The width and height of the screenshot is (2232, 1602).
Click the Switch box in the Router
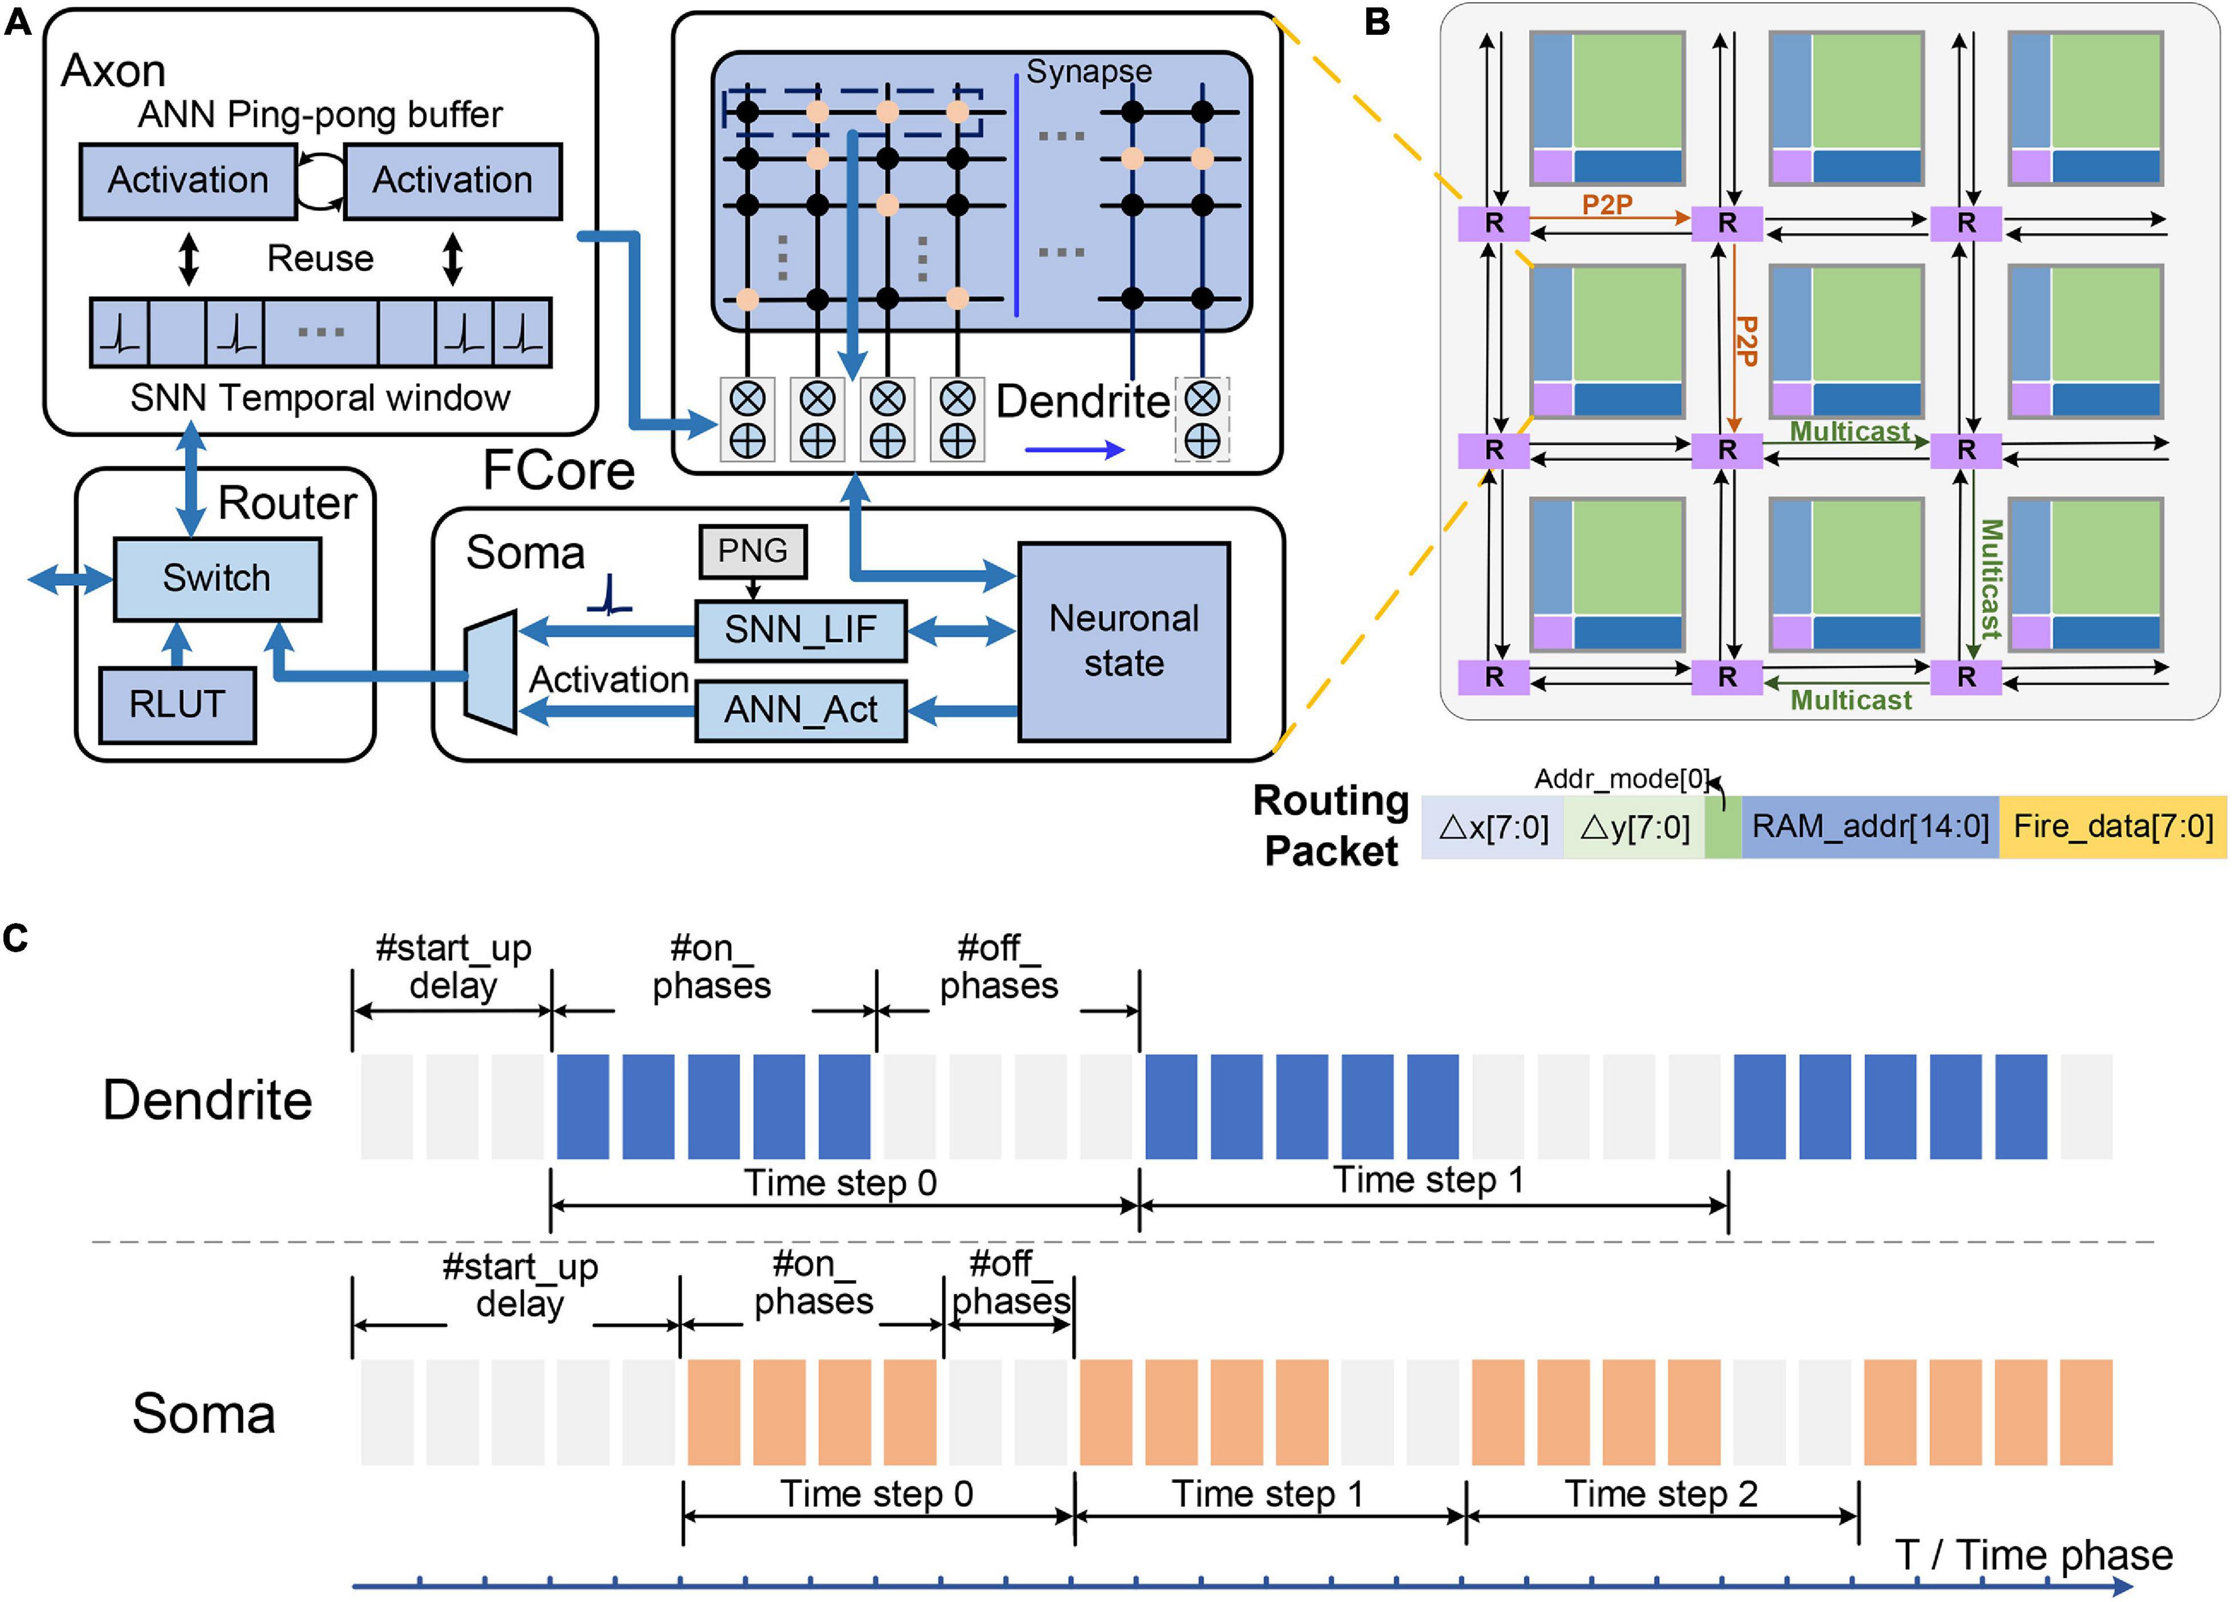point(217,578)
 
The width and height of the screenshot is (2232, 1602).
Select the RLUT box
point(177,705)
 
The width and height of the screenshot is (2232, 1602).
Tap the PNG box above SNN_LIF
point(753,551)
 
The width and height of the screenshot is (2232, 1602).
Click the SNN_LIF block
point(800,630)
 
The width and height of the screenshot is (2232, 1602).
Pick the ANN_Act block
point(800,710)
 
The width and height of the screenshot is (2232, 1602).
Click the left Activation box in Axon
point(188,181)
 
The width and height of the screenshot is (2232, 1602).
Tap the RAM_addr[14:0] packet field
point(1870,826)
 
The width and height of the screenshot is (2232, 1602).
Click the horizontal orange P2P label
point(1607,205)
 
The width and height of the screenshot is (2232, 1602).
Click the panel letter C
point(16,938)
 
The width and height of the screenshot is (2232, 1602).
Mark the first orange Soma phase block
point(714,1412)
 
